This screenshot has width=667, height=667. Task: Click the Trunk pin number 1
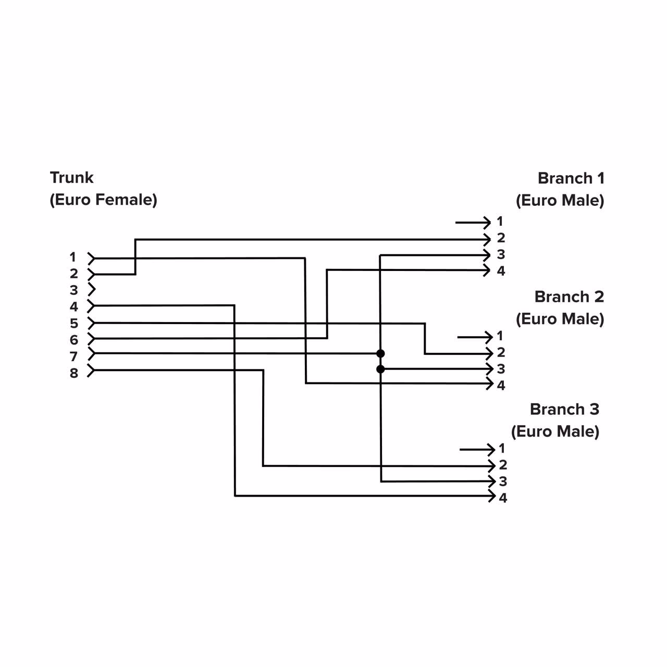tap(73, 257)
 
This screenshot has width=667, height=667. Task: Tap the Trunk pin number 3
tap(74, 290)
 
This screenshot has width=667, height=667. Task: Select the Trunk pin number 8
tap(74, 373)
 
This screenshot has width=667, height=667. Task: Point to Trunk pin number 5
tap(74, 324)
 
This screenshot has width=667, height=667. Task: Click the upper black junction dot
tap(380, 353)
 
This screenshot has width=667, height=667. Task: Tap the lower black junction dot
tap(380, 369)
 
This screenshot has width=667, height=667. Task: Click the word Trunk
tap(71, 178)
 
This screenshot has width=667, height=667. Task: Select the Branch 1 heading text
tap(571, 178)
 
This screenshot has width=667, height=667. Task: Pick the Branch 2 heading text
tap(569, 297)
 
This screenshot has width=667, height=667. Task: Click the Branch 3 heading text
tap(564, 409)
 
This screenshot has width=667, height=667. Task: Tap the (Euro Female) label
tap(103, 200)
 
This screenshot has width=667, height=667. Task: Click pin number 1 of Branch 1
tap(500, 221)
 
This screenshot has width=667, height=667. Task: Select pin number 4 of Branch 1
tap(501, 271)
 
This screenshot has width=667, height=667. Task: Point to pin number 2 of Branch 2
tap(501, 353)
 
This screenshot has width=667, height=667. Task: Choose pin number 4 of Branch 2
tap(501, 386)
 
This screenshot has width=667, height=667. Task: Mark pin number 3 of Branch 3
tap(503, 481)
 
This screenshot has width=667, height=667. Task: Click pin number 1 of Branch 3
tap(502, 449)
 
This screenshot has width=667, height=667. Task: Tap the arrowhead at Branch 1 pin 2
tap(488, 239)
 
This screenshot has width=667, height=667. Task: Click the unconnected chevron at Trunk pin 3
tap(92, 290)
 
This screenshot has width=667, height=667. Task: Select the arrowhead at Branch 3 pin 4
tap(491, 496)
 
